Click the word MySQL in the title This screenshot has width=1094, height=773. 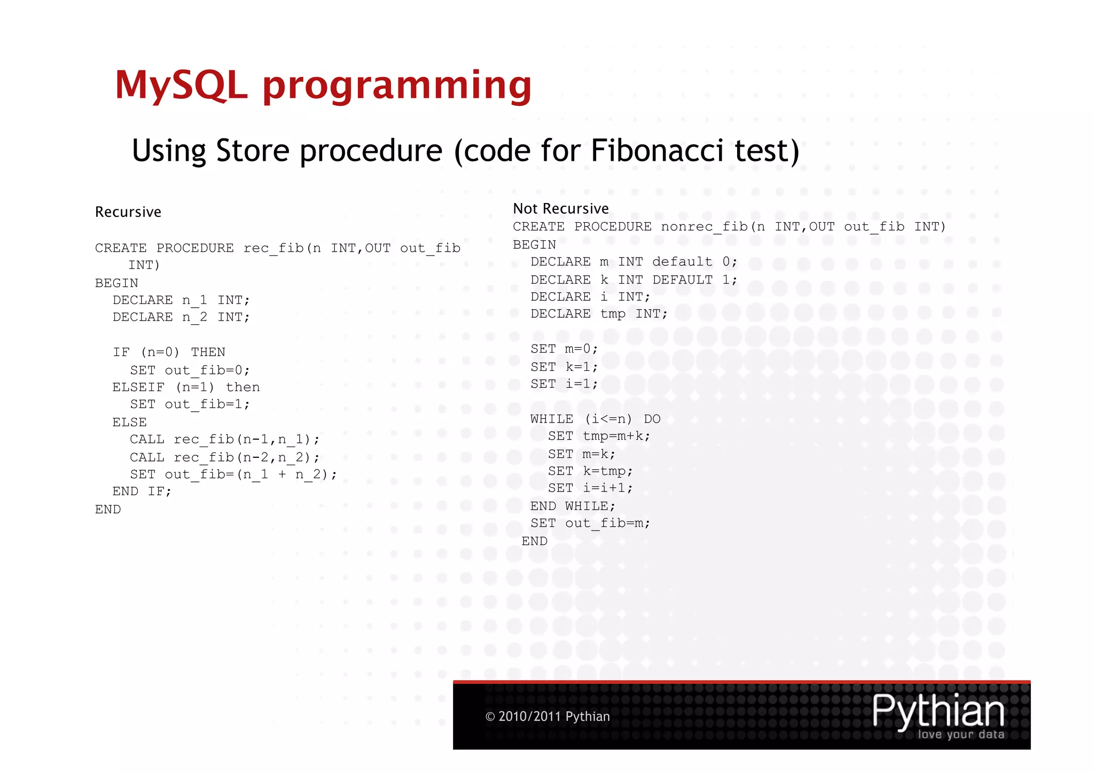[182, 85]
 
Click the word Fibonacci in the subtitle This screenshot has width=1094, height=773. [657, 151]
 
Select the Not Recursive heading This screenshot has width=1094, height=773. [560, 208]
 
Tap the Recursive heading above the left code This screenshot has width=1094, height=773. [128, 212]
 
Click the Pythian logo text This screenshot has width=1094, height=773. [938, 712]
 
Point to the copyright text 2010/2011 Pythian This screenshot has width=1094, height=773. [548, 716]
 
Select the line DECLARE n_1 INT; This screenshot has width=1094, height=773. [181, 300]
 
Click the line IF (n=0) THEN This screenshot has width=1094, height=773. [169, 353]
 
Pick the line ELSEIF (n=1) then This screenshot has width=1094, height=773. [186, 387]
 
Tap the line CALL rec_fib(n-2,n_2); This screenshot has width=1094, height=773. [224, 457]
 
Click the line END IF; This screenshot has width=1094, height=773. [142, 491]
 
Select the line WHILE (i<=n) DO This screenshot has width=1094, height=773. [595, 419]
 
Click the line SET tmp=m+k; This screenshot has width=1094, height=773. [599, 436]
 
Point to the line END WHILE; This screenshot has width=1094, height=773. [573, 506]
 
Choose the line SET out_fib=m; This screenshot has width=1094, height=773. [590, 524]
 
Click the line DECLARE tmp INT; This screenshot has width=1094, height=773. [598, 314]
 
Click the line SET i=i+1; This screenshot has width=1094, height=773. [590, 488]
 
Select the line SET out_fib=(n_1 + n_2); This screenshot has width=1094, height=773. [233, 475]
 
